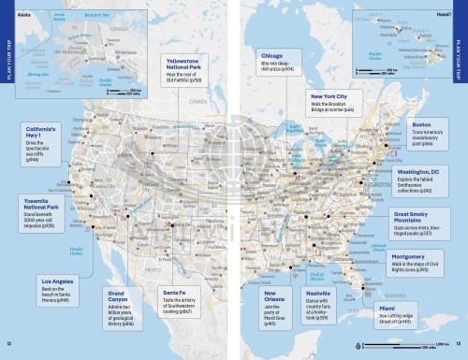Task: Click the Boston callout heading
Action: tap(421, 124)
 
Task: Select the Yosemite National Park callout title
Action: tap(39, 204)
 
